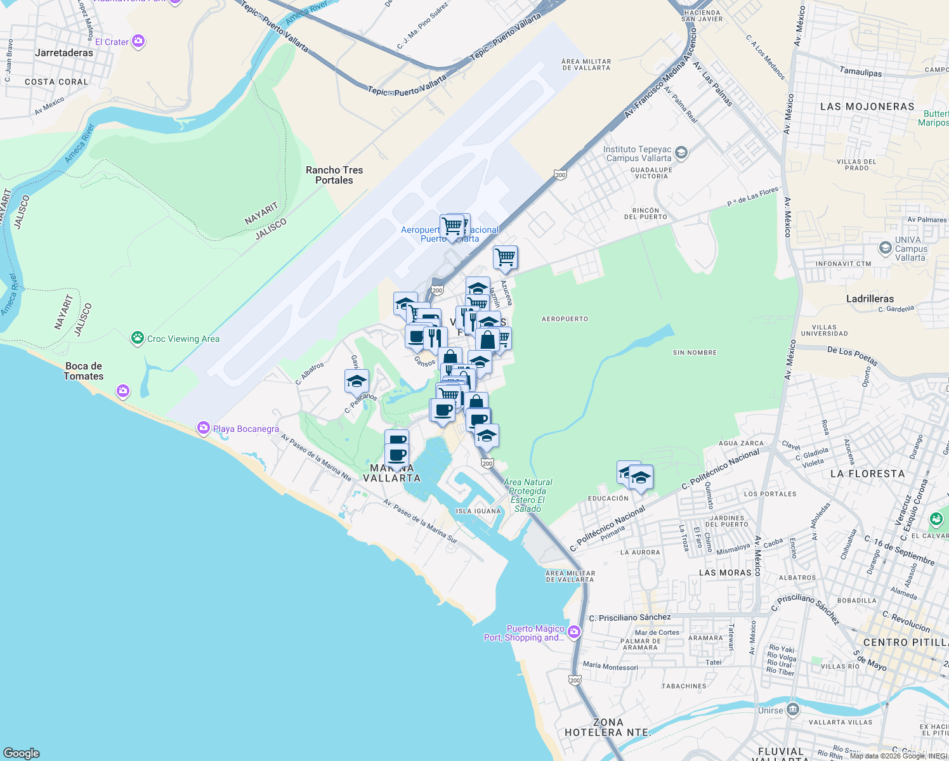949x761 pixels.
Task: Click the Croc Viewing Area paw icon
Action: [x=138, y=338]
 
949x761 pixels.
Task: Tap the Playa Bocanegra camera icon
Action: [x=203, y=428]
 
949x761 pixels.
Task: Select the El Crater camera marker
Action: [x=138, y=42]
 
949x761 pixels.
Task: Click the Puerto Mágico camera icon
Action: [x=574, y=632]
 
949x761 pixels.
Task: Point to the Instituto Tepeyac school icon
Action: [x=681, y=152]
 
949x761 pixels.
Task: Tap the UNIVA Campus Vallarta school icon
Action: [x=886, y=248]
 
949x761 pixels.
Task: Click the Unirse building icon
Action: [x=792, y=709]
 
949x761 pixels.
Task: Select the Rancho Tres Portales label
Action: [x=334, y=175]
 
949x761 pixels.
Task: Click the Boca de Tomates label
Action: [x=84, y=371]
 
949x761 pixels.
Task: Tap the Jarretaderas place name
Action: [x=64, y=53]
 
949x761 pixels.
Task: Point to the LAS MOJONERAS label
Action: [x=867, y=107]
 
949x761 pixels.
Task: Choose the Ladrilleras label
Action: [x=870, y=299]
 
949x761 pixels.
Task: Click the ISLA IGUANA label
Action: [x=478, y=511]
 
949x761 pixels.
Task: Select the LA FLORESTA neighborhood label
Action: [x=867, y=474]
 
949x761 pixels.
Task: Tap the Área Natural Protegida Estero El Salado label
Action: [x=528, y=495]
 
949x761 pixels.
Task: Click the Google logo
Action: [x=22, y=753]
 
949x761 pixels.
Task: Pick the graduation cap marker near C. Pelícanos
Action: [x=357, y=382]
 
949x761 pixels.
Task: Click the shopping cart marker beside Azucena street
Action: [x=506, y=257]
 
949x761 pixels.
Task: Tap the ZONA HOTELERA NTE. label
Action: [x=608, y=727]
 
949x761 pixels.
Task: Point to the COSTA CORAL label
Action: [x=56, y=82]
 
